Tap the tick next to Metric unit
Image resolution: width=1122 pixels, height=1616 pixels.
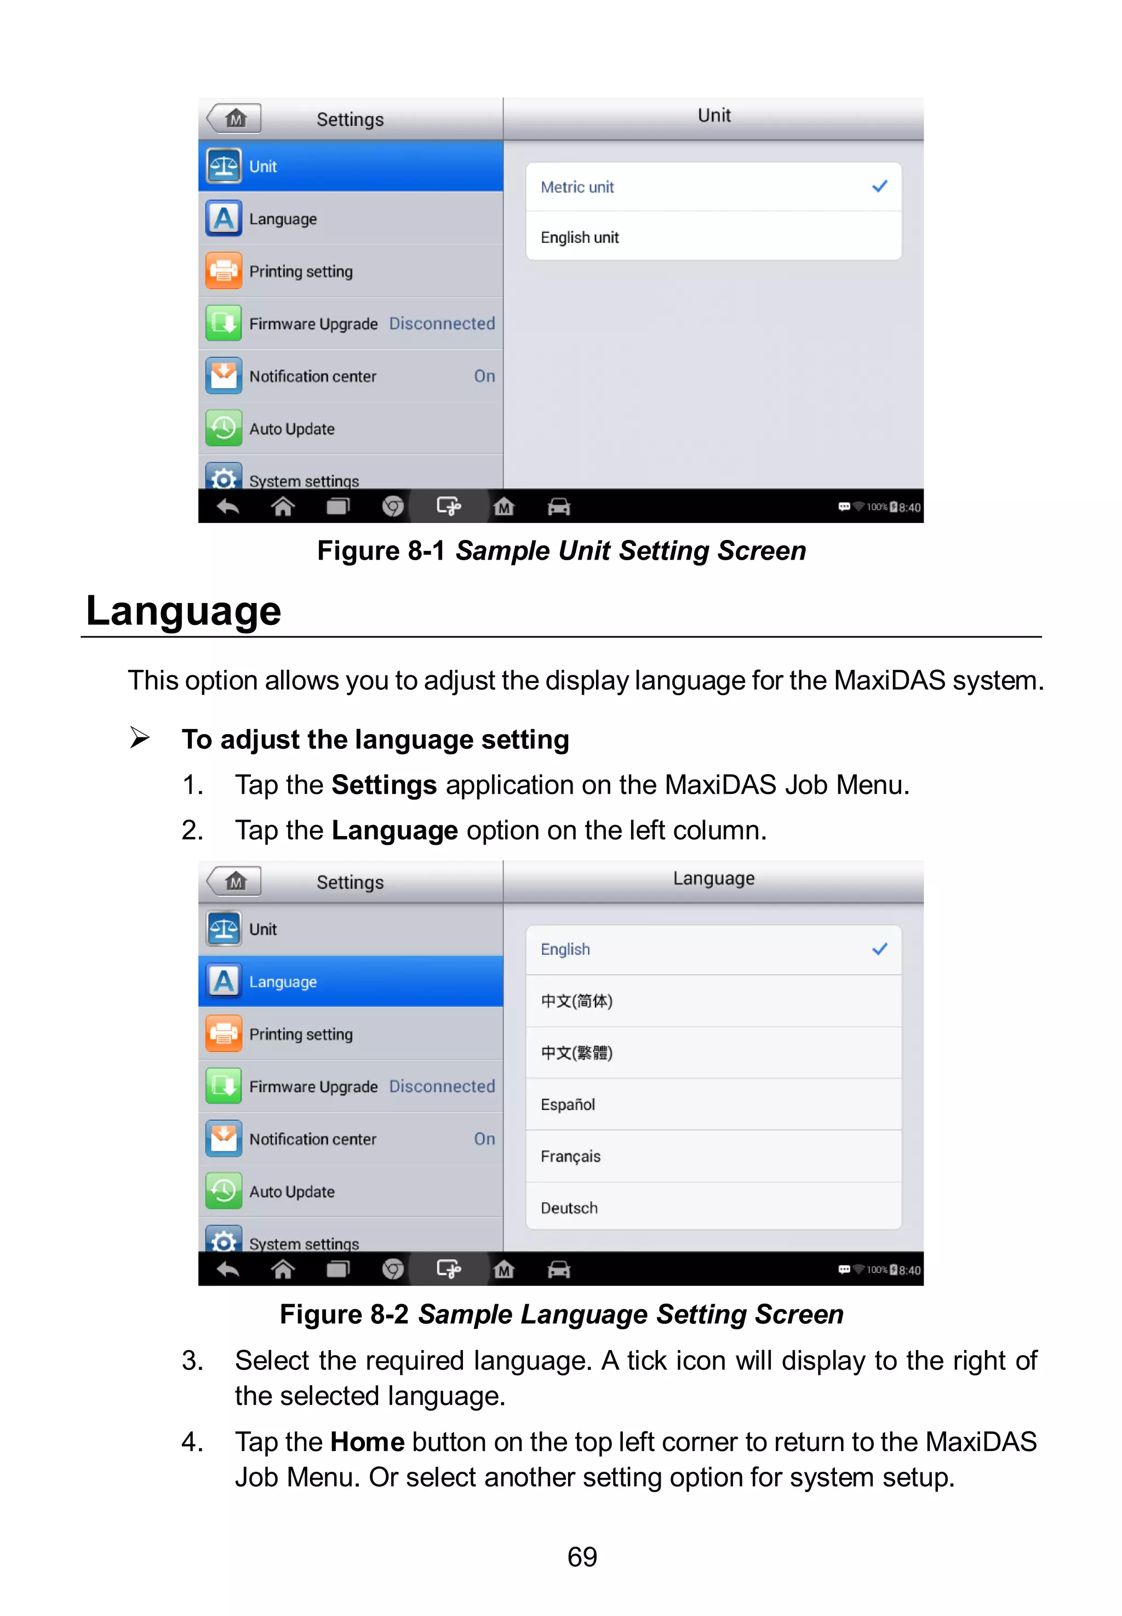click(879, 186)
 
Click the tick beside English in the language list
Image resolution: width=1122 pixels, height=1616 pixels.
click(879, 949)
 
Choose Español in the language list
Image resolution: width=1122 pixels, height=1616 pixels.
click(568, 1104)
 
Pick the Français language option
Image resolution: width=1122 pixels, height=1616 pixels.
click(570, 1156)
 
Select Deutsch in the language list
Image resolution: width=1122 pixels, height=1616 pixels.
click(569, 1208)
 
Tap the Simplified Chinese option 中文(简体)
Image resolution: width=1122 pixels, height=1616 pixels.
click(576, 1001)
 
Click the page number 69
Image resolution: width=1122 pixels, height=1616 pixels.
click(582, 1556)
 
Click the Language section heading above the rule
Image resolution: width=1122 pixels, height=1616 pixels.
click(184, 611)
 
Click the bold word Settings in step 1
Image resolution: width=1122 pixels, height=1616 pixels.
click(384, 785)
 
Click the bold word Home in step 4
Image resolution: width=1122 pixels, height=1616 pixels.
click(367, 1442)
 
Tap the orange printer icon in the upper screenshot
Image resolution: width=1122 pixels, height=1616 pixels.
click(224, 271)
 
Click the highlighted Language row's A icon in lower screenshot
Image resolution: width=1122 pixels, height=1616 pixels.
click(224, 981)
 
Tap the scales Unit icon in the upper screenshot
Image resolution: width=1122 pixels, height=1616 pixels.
click(224, 166)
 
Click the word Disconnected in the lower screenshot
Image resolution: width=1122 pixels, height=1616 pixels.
click(442, 1086)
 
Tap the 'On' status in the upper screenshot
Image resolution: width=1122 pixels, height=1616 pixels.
click(484, 376)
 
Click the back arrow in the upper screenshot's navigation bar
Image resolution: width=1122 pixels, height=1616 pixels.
click(228, 507)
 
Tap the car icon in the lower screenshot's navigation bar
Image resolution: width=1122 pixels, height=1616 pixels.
click(559, 1270)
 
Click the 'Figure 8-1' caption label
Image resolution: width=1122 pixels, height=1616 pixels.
click(380, 550)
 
